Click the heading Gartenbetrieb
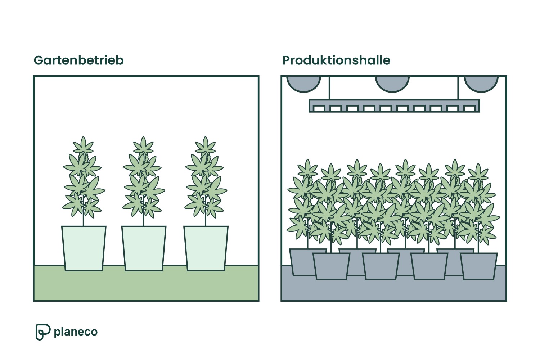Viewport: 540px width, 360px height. [78, 60]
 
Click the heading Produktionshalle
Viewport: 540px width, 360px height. [336, 60]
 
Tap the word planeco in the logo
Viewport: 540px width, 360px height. [76, 332]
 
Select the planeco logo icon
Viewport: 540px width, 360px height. [42, 332]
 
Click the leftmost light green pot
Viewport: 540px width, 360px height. [84, 248]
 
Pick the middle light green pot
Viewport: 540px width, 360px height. [144, 248]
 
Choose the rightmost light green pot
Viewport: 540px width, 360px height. [206, 248]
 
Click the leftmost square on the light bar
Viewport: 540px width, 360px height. [319, 108]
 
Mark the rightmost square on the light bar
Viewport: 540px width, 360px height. [469, 108]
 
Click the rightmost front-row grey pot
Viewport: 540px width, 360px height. [478, 266]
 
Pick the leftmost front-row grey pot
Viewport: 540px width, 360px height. [331, 266]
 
